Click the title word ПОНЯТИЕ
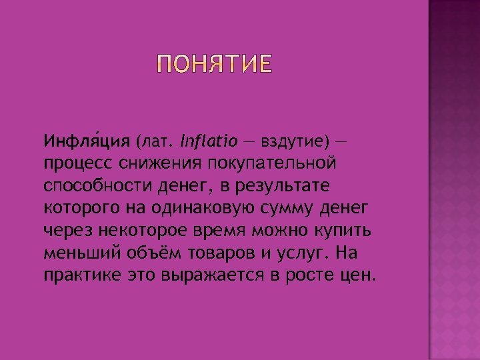coord(213,65)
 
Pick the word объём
coord(144,253)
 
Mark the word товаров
coord(212,253)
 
